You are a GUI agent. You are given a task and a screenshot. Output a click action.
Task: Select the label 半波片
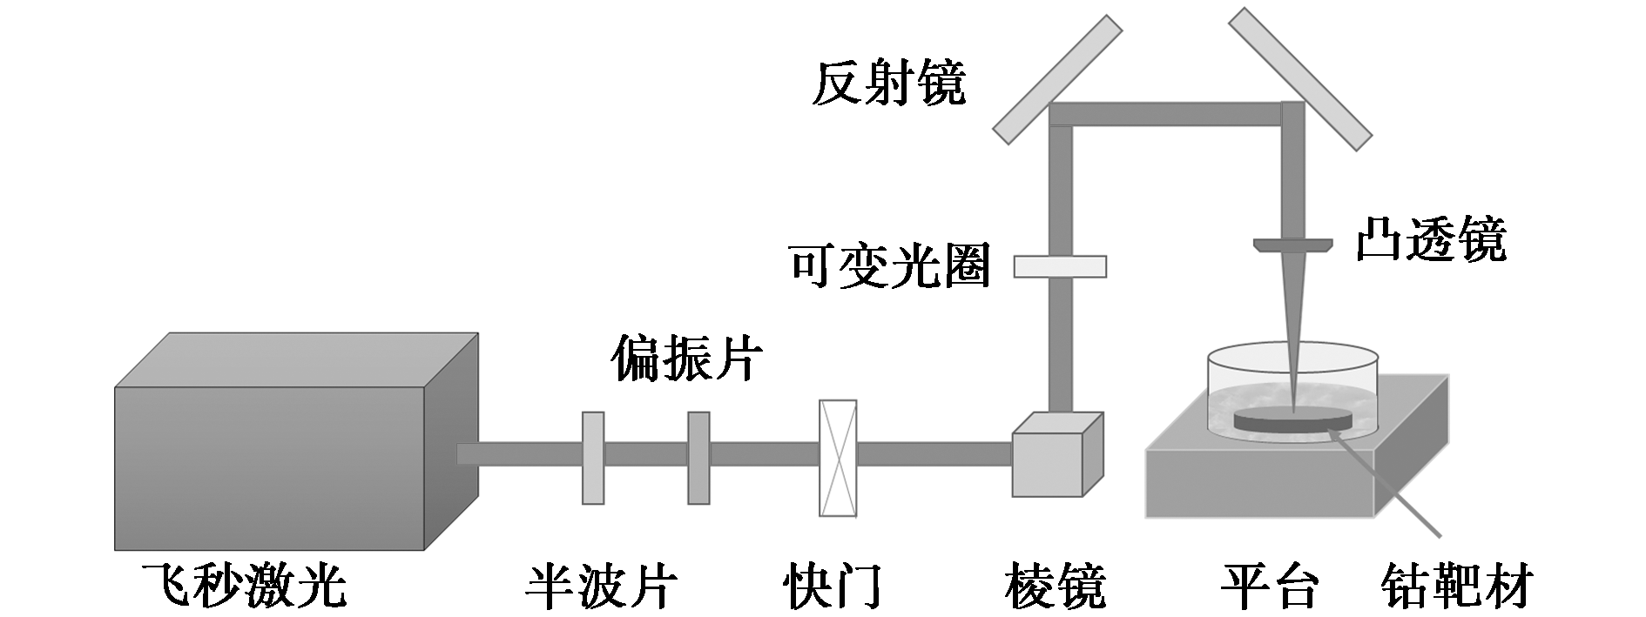click(x=600, y=585)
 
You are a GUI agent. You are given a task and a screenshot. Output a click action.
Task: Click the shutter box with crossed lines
click(x=838, y=458)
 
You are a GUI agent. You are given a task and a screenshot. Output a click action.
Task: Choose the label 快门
click(x=833, y=585)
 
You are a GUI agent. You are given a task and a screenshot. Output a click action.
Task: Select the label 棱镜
click(x=1056, y=585)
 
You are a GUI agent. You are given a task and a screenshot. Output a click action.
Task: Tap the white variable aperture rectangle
click(x=1060, y=265)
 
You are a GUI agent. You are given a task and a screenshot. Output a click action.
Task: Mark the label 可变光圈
click(x=889, y=265)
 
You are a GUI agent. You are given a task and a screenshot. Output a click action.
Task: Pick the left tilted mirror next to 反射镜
click(x=1057, y=78)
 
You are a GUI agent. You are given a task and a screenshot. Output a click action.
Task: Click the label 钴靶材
click(x=1456, y=585)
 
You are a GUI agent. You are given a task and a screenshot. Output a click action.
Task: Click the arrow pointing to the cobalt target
click(x=1393, y=487)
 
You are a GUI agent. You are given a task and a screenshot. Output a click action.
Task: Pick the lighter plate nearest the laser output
click(x=592, y=458)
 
